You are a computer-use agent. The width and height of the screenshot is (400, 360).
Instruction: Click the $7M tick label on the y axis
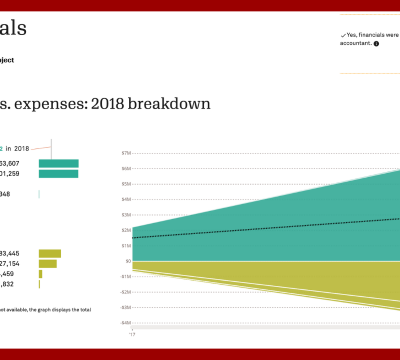[x=125, y=153]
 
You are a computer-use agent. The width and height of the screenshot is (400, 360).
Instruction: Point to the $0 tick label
[x=128, y=261]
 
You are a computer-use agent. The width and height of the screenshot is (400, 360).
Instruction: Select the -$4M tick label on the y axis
[x=125, y=323]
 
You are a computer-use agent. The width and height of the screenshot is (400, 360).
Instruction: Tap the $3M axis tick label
[x=125, y=215]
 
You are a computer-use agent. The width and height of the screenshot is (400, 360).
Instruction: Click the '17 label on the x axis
[x=132, y=334]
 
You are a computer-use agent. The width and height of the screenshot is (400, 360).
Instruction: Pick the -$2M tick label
[x=125, y=292]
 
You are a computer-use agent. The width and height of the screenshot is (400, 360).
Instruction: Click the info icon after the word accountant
[x=376, y=43]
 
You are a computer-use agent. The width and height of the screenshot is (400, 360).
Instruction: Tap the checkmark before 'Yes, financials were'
[x=343, y=35]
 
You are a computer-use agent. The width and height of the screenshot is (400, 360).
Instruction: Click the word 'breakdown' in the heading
[x=169, y=104]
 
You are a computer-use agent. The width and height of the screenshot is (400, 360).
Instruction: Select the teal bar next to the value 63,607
[x=58, y=163]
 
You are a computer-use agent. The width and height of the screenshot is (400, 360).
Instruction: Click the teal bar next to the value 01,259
[x=58, y=174]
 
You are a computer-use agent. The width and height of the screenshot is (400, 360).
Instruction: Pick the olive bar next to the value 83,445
[x=49, y=253]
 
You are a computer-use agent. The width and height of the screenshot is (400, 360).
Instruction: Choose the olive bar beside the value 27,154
[x=47, y=263]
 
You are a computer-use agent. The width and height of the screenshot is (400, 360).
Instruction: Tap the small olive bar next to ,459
[x=40, y=274]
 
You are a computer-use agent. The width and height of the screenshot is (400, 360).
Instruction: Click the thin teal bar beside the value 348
[x=39, y=194]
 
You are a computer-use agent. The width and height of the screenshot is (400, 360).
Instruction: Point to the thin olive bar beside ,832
[x=39, y=284]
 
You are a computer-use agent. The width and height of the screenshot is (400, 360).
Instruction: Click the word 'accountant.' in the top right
[x=356, y=43]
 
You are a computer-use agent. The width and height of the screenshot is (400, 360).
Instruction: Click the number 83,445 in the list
[x=9, y=253]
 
